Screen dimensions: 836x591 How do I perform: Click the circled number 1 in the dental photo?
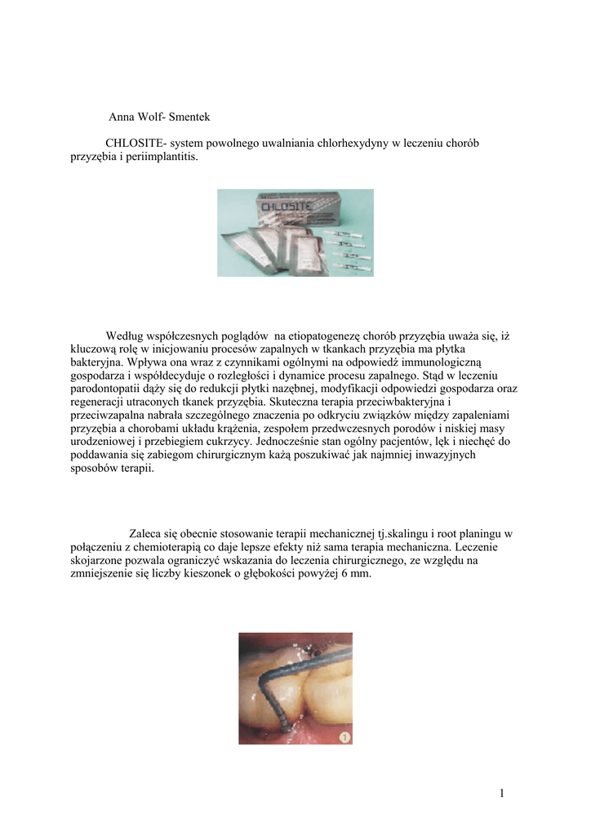click(x=345, y=736)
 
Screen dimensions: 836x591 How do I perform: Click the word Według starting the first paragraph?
click(x=127, y=336)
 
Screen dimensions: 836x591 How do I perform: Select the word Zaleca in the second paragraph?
click(x=146, y=533)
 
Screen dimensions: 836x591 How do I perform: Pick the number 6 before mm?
click(x=345, y=573)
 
